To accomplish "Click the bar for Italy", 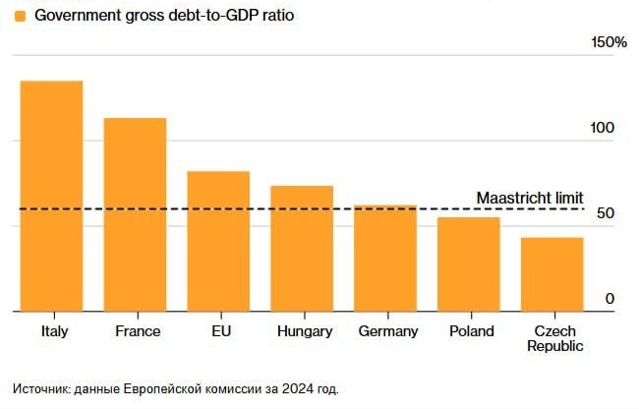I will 51,196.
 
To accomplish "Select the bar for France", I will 136,214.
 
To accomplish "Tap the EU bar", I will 218,241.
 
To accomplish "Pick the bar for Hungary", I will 302,248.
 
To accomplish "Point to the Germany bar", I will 385,258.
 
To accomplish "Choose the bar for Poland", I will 469,263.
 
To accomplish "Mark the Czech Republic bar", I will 552,273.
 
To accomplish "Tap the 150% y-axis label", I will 609,42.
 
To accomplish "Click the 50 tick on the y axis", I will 608,214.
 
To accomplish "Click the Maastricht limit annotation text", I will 530,198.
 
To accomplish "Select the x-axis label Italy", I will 55,331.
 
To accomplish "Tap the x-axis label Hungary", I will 305,331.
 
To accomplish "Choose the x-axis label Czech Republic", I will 554,338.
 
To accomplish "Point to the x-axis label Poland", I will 472,331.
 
